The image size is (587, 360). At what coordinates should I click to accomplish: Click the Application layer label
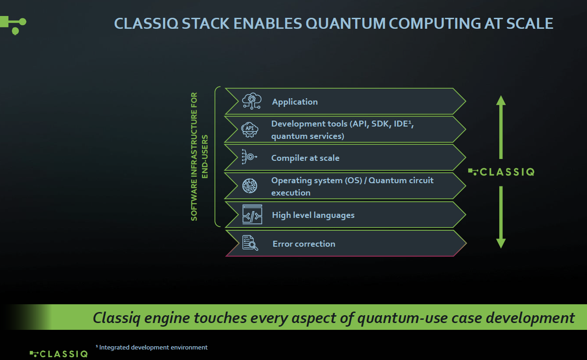(x=295, y=102)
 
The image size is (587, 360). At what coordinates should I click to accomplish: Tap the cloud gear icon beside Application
(x=251, y=101)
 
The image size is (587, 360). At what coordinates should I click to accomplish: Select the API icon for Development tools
(x=250, y=129)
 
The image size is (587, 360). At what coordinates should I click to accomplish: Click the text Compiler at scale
(x=305, y=158)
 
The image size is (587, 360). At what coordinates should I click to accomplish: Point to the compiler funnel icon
(x=250, y=157)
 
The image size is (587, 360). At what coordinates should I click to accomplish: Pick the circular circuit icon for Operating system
(x=250, y=185)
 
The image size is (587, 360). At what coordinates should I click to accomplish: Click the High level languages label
(x=313, y=215)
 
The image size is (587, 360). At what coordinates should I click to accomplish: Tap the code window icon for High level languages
(x=252, y=214)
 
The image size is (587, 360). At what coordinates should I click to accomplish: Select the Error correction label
(x=304, y=244)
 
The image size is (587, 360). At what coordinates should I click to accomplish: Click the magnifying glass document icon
(x=250, y=243)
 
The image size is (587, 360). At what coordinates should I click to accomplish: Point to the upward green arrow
(x=501, y=126)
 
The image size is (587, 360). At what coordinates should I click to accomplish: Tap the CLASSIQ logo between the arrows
(x=501, y=172)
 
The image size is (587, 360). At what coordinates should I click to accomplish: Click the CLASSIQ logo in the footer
(x=59, y=354)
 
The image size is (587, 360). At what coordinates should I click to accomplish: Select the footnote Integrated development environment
(x=152, y=348)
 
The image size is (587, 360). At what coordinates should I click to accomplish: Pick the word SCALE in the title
(x=530, y=23)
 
